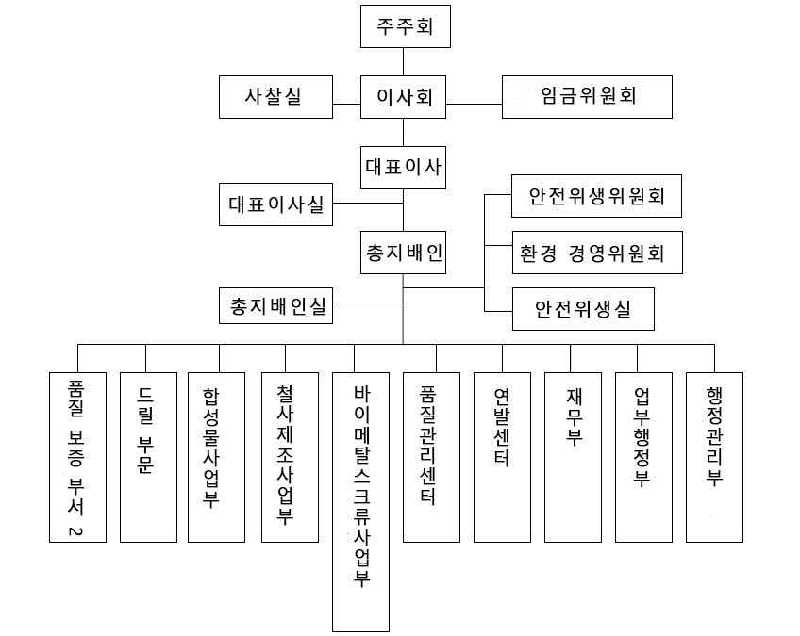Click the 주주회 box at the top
pos(404,26)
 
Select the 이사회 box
pos(404,96)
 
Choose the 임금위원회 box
pos(587,96)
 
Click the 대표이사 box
pos(404,170)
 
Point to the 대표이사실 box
pos(275,204)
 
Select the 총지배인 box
pos(404,253)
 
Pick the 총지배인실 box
pos(275,305)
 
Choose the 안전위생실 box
pos(583,307)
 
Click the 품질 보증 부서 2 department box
pos(77,457)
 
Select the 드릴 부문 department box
pos(148,457)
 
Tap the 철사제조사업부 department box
pos(289,457)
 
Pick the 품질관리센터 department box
pos(431,457)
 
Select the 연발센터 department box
pos(502,457)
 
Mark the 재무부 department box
pos(572,457)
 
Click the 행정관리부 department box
pos(714,457)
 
